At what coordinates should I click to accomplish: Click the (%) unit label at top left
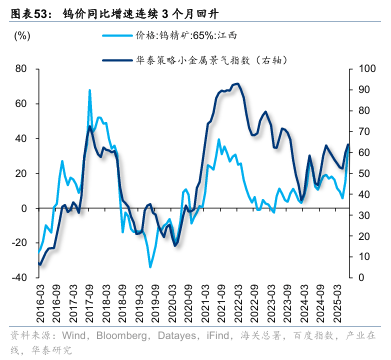tap(23, 37)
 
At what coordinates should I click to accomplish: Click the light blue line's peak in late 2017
tap(90, 90)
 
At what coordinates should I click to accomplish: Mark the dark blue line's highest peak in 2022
tap(236, 84)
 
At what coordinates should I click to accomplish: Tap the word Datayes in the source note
tap(168, 336)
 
